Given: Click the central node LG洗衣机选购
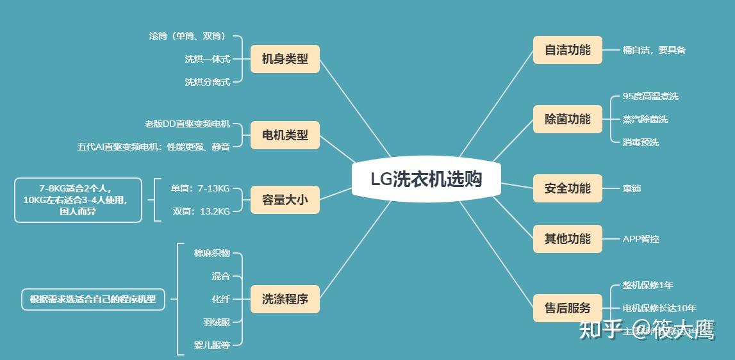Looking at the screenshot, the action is [x=425, y=179].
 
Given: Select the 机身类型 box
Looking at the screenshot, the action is [x=285, y=59].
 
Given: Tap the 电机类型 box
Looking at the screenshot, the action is [x=285, y=135].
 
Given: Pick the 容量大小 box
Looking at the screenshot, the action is [x=285, y=200].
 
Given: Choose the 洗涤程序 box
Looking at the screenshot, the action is [x=285, y=299].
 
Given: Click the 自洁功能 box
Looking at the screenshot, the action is [x=567, y=49].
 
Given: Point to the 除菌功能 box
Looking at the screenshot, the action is [x=567, y=119].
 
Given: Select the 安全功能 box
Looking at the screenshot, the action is [x=567, y=188].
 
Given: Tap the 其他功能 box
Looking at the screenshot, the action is [x=567, y=238].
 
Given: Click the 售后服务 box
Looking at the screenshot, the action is [x=567, y=307].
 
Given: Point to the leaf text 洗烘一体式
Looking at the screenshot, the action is [x=207, y=59].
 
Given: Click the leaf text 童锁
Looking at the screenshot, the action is [x=632, y=188].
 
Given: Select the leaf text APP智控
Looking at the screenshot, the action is [x=641, y=239].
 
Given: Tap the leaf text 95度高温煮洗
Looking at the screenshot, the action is [x=650, y=96].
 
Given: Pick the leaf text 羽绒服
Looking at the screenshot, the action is [x=216, y=322].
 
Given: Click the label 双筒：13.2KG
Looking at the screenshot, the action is [x=201, y=211].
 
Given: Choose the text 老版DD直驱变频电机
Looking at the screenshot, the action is [x=187, y=124].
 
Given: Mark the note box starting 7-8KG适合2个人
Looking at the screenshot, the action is [x=78, y=200].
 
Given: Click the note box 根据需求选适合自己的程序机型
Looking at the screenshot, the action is [x=93, y=299].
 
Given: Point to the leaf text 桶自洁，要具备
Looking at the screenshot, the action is [x=654, y=50].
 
